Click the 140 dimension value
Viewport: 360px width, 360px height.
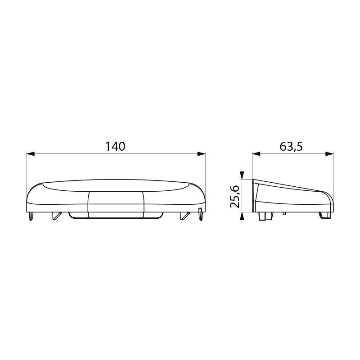pos(115,146)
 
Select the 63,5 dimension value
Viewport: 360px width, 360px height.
pos(292,146)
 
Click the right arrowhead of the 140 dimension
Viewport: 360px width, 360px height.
pos(202,154)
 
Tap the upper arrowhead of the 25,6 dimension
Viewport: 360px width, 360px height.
pos(243,175)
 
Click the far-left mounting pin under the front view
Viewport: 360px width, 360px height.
pos(30,216)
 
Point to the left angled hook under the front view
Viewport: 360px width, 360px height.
pos(56,216)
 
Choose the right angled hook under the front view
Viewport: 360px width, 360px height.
pos(184,216)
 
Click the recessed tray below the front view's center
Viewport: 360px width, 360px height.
pos(116,216)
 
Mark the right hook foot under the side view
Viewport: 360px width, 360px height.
pos(323,216)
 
